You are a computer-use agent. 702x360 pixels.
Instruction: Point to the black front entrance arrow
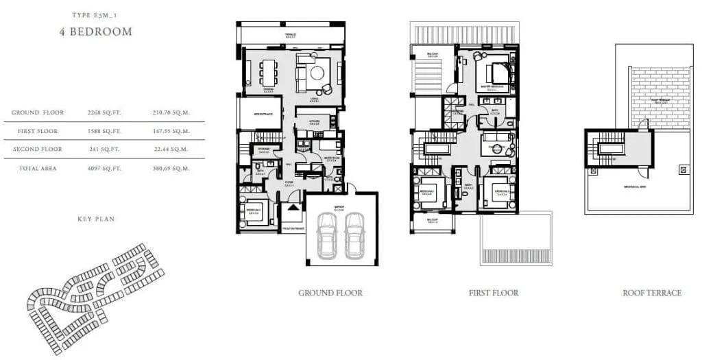tap(293, 207)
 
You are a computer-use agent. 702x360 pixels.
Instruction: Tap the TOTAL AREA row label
tap(39, 168)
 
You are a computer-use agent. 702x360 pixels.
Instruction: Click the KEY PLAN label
tap(95, 219)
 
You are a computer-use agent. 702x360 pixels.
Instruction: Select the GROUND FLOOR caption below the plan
tap(330, 293)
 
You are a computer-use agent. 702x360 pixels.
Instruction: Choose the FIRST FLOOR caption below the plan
tap(494, 293)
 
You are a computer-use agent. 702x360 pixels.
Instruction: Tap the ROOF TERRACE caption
tap(652, 293)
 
